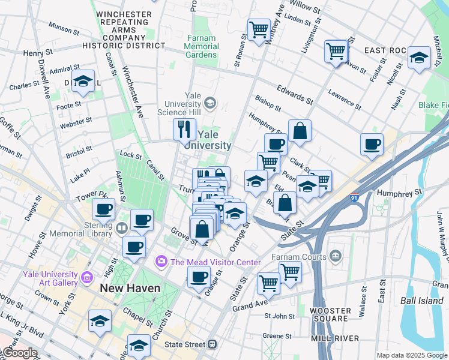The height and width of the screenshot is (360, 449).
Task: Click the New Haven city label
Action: pos(130,288)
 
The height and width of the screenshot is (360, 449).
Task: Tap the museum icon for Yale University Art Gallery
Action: pos(86,277)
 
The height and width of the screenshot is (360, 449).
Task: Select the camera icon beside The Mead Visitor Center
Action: pos(161,262)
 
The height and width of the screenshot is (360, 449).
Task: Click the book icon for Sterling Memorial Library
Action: pos(121,227)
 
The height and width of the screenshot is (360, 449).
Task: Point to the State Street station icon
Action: pos(211,344)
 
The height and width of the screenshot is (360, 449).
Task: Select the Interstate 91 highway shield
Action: pos(354,196)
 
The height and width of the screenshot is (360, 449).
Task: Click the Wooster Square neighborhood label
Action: pos(330,315)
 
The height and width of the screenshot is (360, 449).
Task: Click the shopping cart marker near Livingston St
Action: pos(336,50)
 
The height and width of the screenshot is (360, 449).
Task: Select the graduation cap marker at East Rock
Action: pos(418,58)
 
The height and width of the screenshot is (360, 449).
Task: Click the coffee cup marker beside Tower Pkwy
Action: pos(103,209)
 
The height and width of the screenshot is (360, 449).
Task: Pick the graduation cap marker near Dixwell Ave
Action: pos(83,81)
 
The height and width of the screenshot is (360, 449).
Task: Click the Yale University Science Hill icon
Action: pos(209,103)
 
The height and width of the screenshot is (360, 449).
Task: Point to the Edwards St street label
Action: pos(294,94)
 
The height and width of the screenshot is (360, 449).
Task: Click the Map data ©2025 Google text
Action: pos(411,355)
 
